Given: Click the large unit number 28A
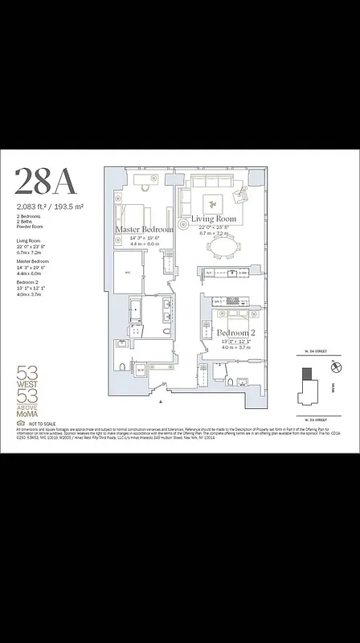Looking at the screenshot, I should coord(46,182).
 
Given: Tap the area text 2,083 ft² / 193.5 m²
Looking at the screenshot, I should coord(49,207).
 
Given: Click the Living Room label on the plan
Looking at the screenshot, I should coord(213,219).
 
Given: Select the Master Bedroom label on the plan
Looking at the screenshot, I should coord(144,229).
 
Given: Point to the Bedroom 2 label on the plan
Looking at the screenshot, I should coord(235,333).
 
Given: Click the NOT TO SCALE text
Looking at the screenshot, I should coord(43,422).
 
